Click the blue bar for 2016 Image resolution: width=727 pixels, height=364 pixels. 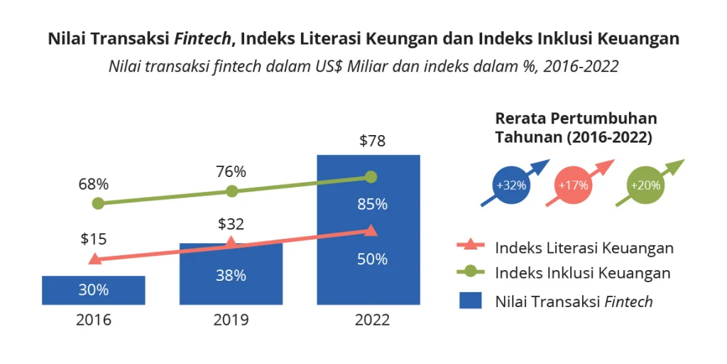point(94,290)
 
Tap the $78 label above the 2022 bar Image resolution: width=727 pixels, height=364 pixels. point(372,141)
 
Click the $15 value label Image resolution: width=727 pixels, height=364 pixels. point(94,239)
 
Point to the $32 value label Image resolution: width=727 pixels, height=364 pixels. point(231,225)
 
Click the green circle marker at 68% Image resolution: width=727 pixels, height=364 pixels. point(98,203)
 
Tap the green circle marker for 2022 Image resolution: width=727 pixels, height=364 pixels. point(371,177)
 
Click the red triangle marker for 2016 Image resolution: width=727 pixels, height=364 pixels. point(94,259)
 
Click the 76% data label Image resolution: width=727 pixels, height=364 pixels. point(231,171)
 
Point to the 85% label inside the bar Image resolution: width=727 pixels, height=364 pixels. point(372,205)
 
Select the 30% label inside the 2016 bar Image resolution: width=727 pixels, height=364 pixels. point(94,290)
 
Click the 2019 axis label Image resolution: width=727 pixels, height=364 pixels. point(231,320)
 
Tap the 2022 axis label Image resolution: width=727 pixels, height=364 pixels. point(372,320)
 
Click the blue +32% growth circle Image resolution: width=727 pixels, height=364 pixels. point(511,186)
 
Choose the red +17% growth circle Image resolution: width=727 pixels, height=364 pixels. point(573,186)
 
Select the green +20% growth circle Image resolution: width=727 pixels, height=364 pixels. point(645,186)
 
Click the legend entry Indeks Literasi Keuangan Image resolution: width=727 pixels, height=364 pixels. point(584,247)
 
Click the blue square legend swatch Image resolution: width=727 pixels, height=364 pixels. point(470,301)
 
